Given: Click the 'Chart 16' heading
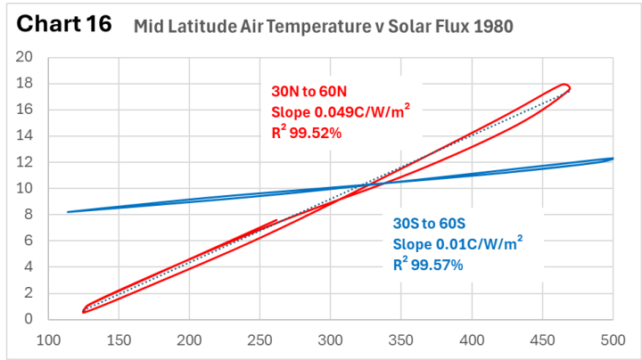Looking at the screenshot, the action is [64, 23].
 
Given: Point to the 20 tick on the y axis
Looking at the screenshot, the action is [24, 57].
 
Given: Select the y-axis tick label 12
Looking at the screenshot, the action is [24, 162].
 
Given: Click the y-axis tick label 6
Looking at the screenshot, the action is [29, 241].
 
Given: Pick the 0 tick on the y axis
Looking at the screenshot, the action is [29, 319].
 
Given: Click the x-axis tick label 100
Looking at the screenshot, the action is [49, 340].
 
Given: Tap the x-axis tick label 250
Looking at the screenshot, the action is [260, 340].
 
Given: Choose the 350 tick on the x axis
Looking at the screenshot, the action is [401, 340].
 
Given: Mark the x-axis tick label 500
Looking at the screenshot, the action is [613, 340].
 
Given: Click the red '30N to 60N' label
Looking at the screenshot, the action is [309, 91].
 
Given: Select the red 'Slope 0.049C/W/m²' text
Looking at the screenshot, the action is [341, 111].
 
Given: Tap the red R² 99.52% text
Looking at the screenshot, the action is [306, 133].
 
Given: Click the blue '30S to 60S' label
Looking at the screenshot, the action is [429, 224].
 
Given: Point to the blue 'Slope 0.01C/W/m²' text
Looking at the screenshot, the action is [457, 243].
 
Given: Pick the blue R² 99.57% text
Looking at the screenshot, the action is [428, 265].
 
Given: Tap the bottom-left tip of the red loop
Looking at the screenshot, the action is [84, 312].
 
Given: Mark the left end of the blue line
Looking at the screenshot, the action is [68, 212].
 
